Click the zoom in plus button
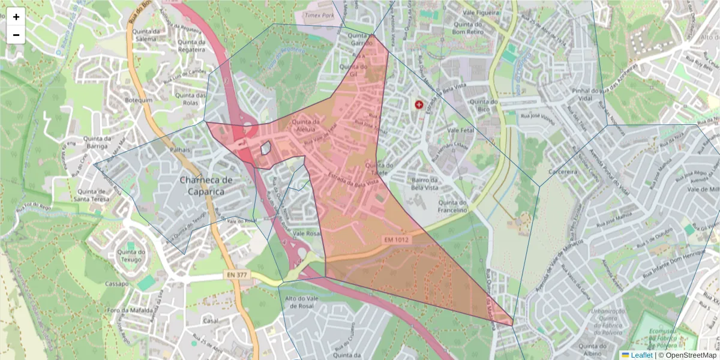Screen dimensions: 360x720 16,17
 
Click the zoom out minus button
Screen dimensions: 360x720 16,35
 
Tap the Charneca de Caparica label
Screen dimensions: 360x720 206,185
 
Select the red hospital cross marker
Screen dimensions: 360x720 419,104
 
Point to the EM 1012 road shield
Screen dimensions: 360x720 396,240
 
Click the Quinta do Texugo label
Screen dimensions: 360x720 131,256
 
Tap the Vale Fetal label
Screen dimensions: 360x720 461,130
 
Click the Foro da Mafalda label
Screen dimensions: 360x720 128,310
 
